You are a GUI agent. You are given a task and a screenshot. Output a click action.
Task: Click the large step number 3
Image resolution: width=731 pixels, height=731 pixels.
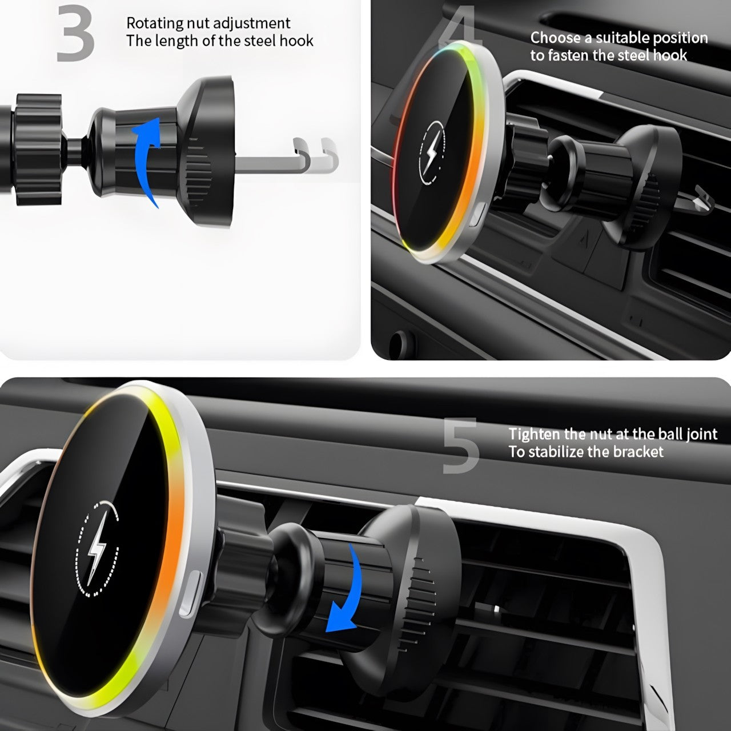[x=75, y=33]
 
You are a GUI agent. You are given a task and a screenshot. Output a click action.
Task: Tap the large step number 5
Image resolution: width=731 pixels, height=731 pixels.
[x=461, y=445]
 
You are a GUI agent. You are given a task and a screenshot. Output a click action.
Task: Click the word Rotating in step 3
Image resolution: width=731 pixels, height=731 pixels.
[x=154, y=23]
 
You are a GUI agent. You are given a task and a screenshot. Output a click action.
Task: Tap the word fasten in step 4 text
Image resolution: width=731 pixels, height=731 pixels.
[x=567, y=55]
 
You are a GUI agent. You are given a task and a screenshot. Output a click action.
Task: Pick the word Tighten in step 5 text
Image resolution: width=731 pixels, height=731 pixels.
[x=534, y=433]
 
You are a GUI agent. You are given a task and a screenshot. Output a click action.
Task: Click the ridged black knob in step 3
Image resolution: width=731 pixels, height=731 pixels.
[x=38, y=150]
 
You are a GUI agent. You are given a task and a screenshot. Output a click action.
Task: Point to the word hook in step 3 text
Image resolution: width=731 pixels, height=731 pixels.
[x=296, y=41]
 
